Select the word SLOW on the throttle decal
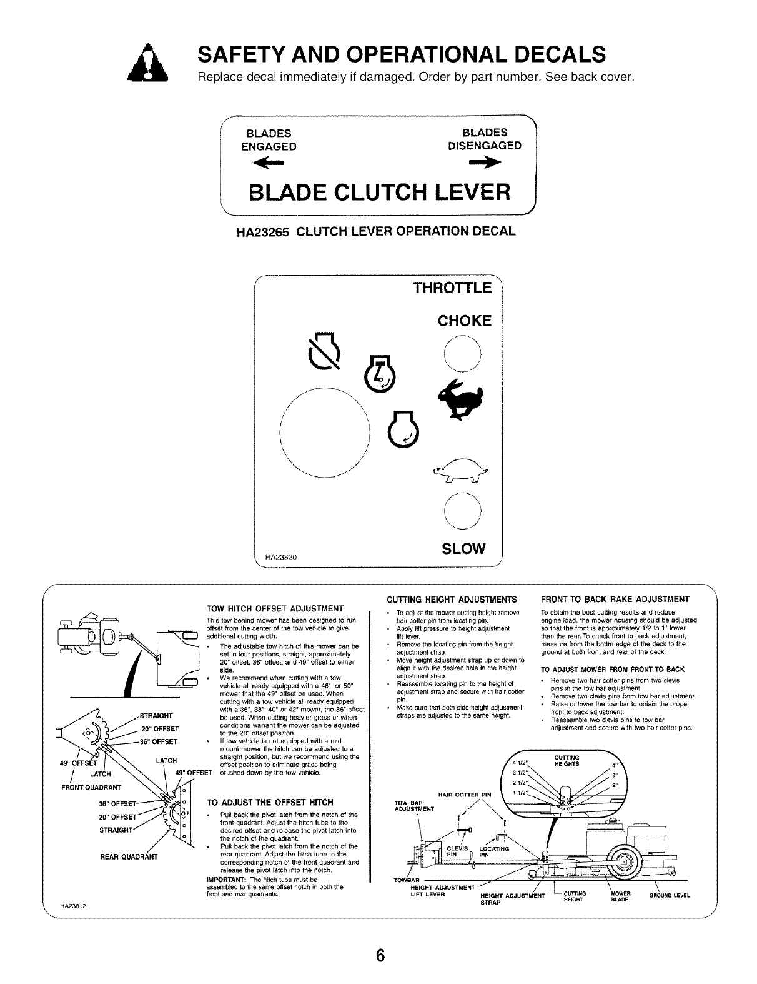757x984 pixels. [463, 548]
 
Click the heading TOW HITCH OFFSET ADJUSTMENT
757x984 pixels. [275, 609]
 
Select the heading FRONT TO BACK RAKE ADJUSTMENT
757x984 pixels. [615, 599]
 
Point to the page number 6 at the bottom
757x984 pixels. [379, 956]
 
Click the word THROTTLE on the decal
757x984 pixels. [452, 288]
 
